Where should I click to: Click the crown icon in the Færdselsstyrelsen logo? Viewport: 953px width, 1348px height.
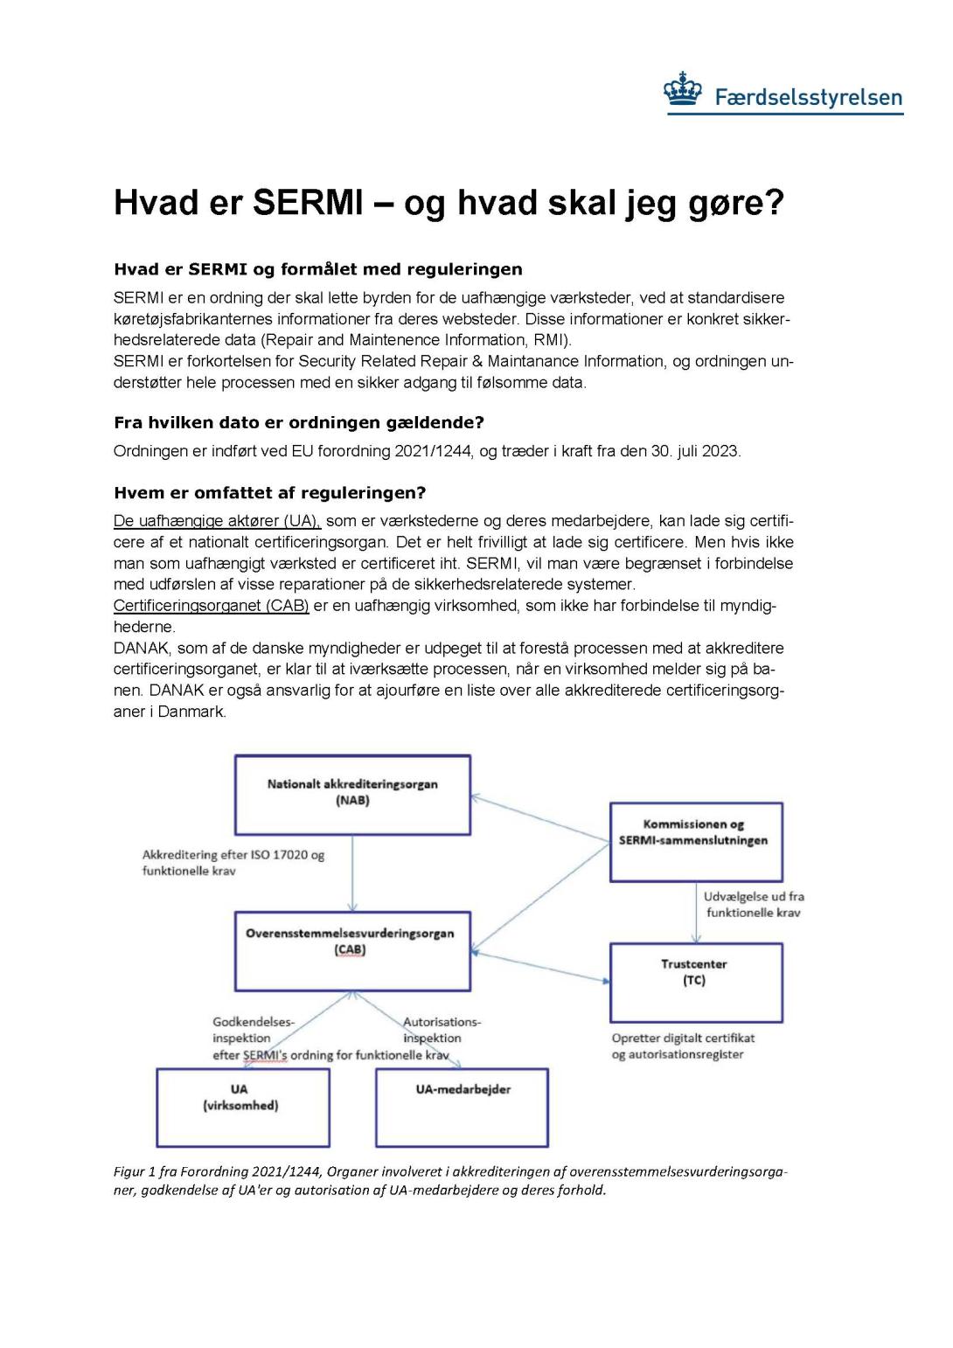point(683,92)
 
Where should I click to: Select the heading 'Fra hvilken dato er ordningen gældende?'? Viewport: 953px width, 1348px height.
point(298,422)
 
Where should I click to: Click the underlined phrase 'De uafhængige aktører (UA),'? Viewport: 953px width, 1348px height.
point(217,521)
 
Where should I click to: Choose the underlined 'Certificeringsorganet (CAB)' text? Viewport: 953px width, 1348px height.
point(211,606)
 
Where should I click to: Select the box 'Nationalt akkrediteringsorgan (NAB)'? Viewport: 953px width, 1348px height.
point(352,794)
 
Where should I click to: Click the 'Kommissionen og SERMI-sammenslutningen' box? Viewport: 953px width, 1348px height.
point(695,841)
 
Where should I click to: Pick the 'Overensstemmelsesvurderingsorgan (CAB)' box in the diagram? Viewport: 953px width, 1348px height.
point(352,951)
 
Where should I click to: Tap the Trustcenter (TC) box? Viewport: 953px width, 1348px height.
point(695,982)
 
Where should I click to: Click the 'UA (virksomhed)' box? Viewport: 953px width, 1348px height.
point(242,1107)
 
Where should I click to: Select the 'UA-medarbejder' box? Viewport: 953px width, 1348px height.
point(462,1107)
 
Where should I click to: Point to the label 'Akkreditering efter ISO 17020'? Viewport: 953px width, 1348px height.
point(233,855)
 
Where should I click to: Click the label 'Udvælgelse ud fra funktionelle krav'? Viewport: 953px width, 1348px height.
point(753,905)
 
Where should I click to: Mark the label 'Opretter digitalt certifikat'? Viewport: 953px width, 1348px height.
point(683,1039)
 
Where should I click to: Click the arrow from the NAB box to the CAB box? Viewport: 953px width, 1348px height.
point(352,874)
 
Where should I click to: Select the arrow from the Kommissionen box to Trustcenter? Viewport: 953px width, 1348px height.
point(696,913)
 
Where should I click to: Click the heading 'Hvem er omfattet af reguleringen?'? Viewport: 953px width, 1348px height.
point(269,492)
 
